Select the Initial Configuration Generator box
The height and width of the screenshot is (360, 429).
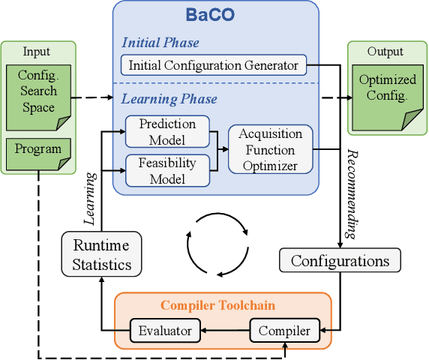214,65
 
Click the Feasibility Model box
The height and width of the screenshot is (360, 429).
168,169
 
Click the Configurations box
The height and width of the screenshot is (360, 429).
340,261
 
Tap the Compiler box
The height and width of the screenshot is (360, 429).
283,329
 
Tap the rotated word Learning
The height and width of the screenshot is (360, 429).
91,199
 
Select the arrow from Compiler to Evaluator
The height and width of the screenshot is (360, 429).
224,329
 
